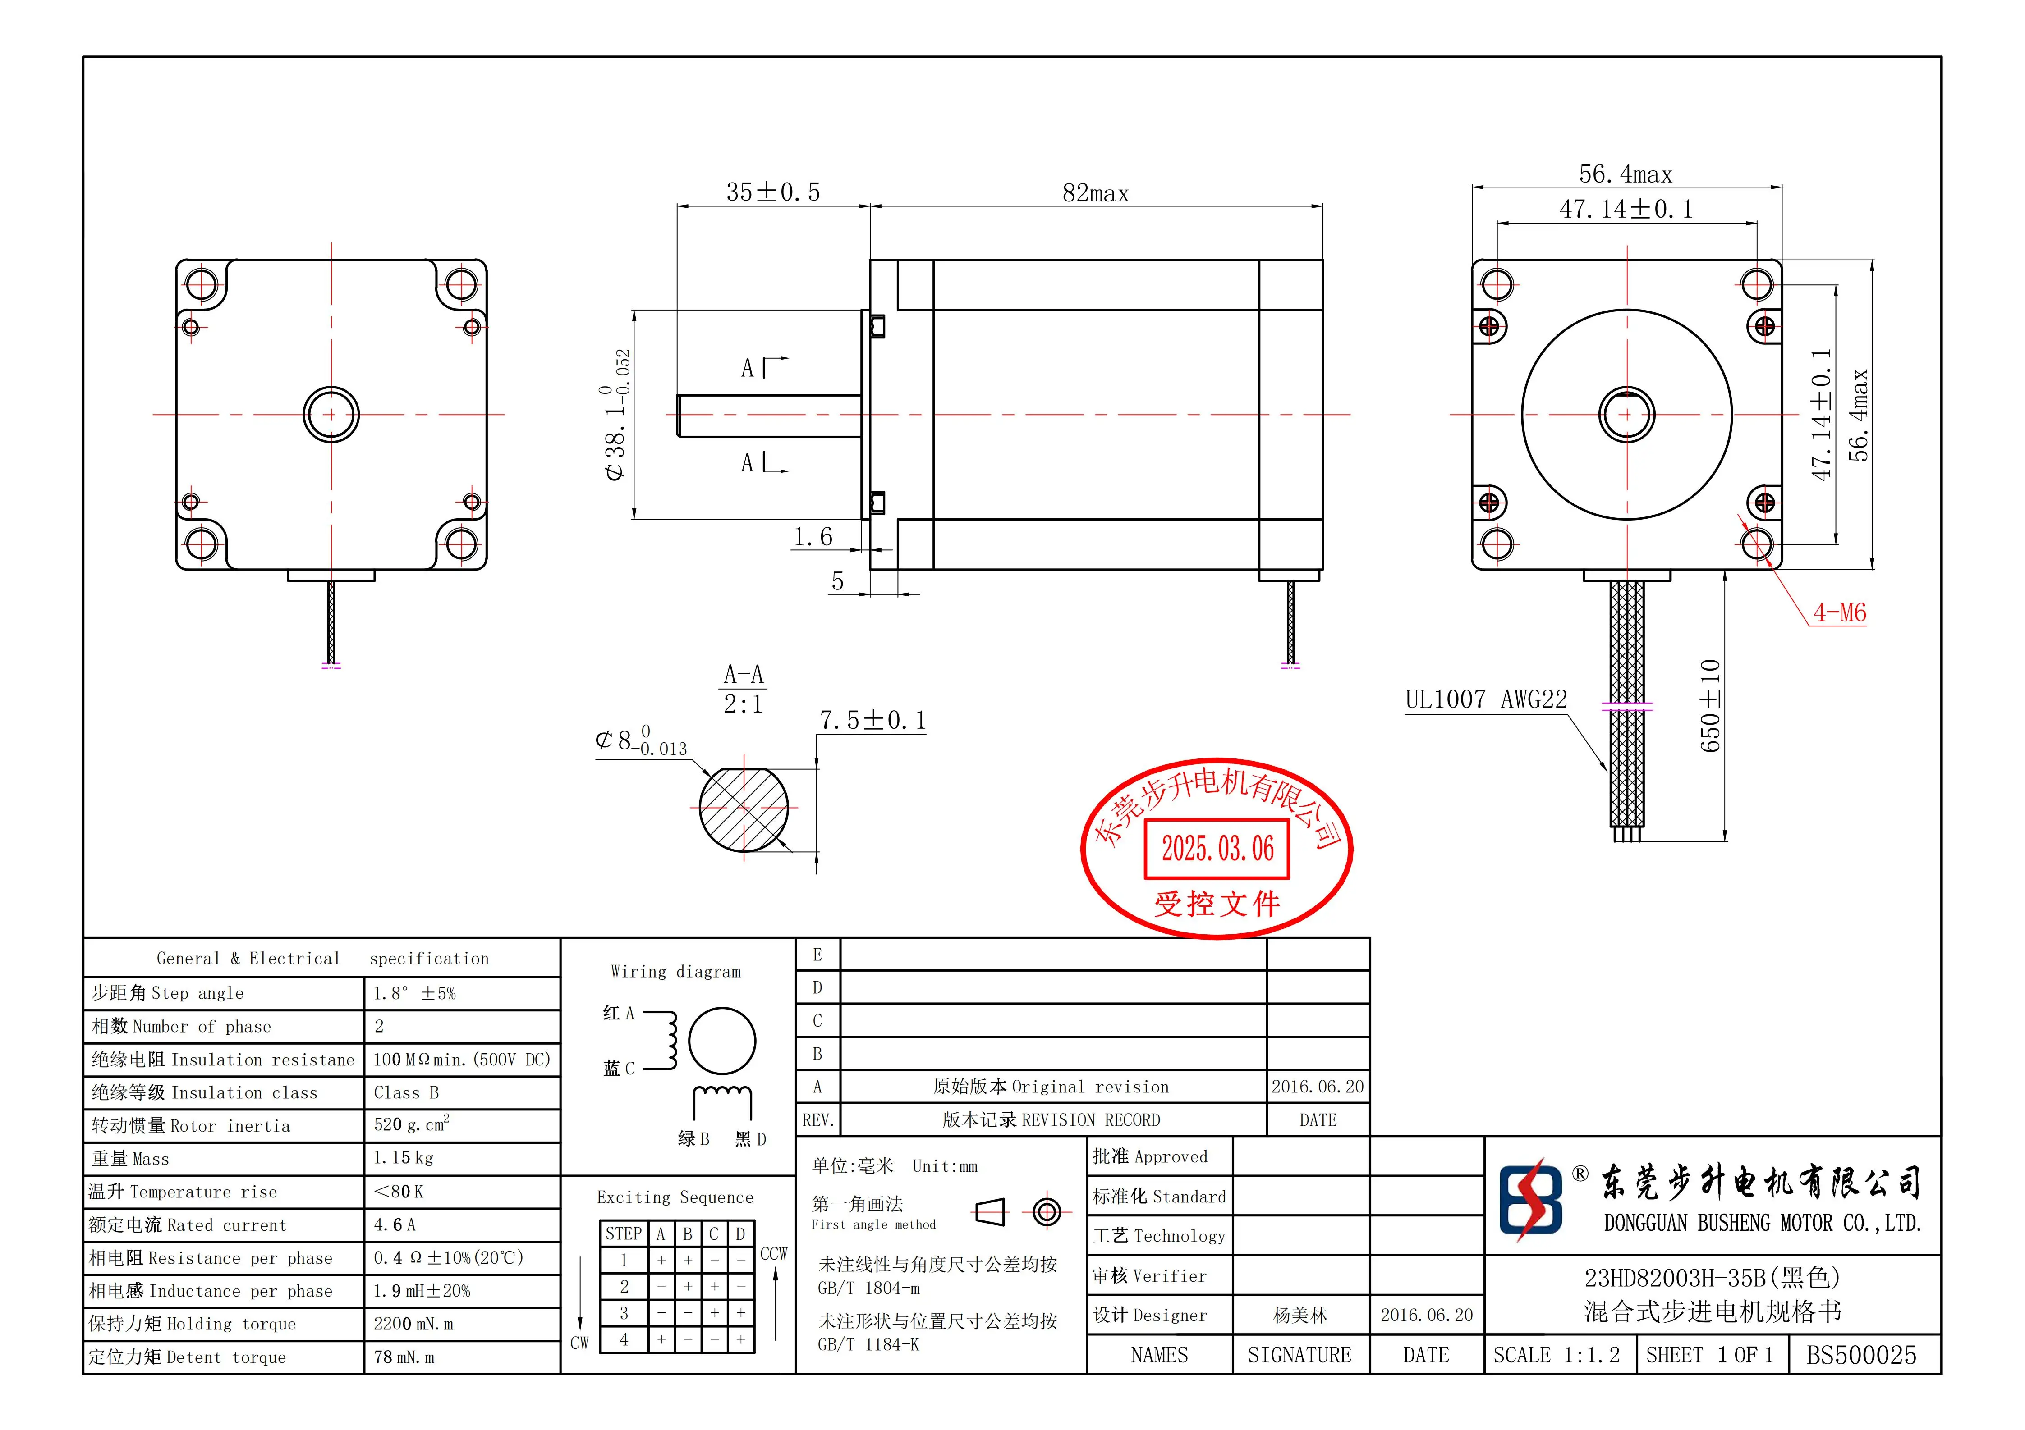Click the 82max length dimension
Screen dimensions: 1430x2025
[1095, 193]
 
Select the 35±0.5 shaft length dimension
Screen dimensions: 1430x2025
[772, 192]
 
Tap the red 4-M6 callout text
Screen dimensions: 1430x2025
[1839, 613]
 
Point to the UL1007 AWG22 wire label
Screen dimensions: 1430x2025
[1486, 700]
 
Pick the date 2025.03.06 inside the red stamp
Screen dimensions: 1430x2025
[1217, 849]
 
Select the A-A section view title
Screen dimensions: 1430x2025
[743, 675]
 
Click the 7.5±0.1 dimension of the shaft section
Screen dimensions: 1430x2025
[872, 720]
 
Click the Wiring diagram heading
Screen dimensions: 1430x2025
[675, 972]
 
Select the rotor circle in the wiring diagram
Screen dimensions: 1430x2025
[721, 1041]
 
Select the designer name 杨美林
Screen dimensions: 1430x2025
[1300, 1316]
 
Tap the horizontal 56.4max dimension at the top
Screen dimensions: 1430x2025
[1626, 174]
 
